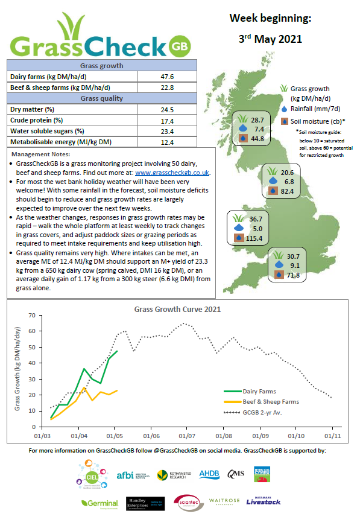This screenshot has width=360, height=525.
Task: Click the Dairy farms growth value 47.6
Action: point(167,77)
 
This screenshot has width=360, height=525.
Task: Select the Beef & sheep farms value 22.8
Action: point(167,87)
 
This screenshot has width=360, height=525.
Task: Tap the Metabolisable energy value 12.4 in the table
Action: point(167,142)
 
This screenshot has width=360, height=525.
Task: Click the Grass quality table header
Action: point(102,98)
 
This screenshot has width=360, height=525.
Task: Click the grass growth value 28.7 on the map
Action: point(257,120)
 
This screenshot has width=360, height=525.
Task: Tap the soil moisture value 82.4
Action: point(287,191)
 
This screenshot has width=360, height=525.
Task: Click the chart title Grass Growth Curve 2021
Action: point(177,309)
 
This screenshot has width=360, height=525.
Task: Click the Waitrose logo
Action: point(224,501)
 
